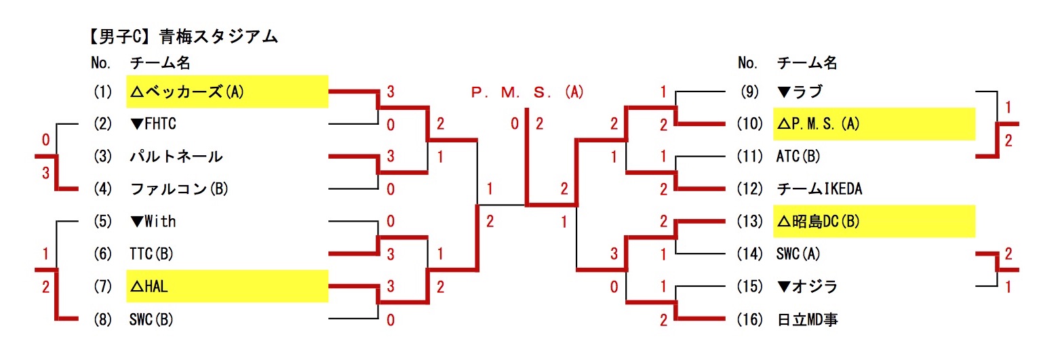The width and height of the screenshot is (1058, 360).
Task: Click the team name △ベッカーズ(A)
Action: (x=187, y=92)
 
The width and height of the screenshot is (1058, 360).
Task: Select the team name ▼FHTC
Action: (x=153, y=124)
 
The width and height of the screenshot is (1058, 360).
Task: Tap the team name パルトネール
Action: (x=176, y=157)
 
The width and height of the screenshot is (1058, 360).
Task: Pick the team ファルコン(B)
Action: (x=178, y=189)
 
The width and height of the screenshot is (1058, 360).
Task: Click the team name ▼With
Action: (x=153, y=222)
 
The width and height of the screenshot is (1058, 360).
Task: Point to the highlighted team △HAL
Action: (x=149, y=287)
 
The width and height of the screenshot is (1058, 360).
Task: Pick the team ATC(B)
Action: (x=798, y=157)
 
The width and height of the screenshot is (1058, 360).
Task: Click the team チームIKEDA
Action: (x=819, y=189)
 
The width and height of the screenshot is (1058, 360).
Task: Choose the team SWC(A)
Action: (x=799, y=254)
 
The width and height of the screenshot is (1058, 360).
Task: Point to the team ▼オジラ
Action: (x=808, y=287)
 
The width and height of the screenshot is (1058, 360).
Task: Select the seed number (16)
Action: (x=749, y=319)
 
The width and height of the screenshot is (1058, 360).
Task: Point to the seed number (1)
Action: (x=102, y=92)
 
